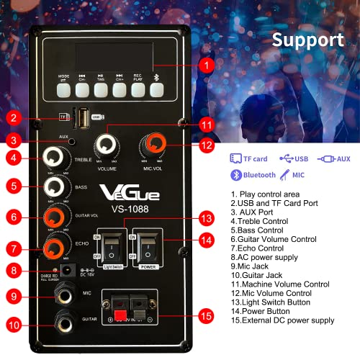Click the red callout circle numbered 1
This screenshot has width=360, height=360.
click(x=207, y=66)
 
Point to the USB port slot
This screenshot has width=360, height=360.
click(x=86, y=116)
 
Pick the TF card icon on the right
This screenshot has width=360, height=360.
click(x=235, y=158)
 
